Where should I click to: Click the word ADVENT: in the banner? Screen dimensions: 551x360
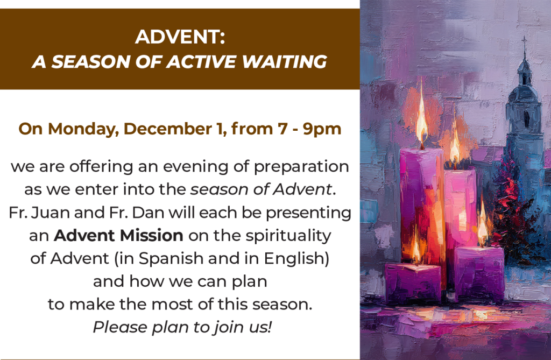pyautogui.click(x=180, y=37)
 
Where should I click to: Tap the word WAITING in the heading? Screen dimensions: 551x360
pyautogui.click(x=285, y=61)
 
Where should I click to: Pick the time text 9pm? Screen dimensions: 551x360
pyautogui.click(x=322, y=129)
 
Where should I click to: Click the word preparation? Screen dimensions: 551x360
pyautogui.click(x=301, y=167)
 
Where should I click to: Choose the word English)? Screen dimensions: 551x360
pyautogui.click(x=296, y=259)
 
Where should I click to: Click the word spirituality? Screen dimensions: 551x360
pyautogui.click(x=288, y=236)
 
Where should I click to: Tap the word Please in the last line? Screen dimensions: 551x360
pyautogui.click(x=120, y=327)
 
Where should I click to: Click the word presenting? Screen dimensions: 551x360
pyautogui.click(x=308, y=213)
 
